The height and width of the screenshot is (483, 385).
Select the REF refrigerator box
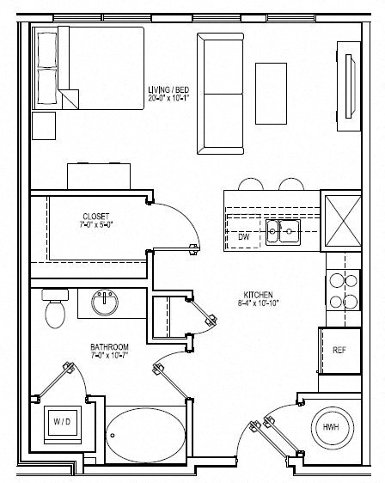(x=338, y=350)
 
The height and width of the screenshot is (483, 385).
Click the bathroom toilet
(x=54, y=310)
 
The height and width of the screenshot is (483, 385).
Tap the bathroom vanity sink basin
(x=106, y=301)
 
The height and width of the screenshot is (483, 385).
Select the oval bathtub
(x=144, y=429)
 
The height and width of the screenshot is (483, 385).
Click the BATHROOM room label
(x=109, y=347)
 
